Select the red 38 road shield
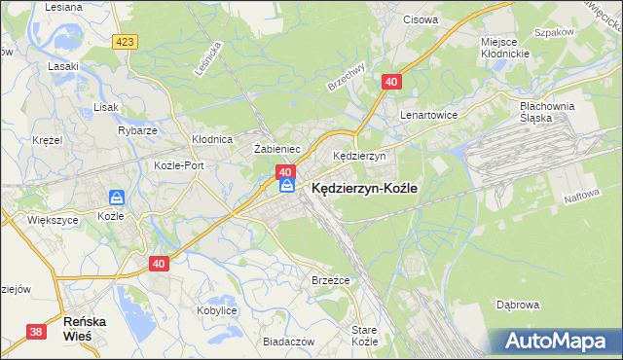(x=37, y=332)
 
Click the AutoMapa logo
(x=558, y=341)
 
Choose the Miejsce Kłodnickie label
(x=503, y=49)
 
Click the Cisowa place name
(x=420, y=19)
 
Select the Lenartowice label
(x=428, y=114)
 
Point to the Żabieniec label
(x=275, y=149)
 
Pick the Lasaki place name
(x=62, y=67)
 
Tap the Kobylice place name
(x=217, y=309)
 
